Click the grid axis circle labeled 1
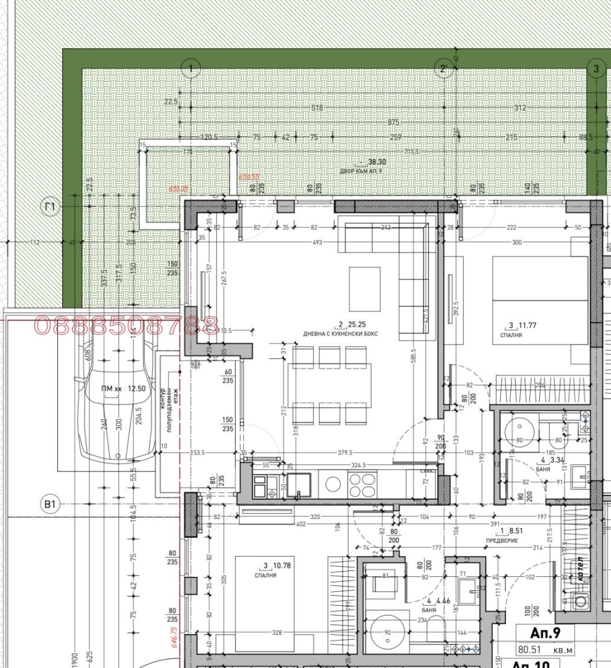pyautogui.click(x=191, y=68)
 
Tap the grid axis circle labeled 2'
pyautogui.click(x=443, y=68)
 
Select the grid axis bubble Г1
pyautogui.click(x=50, y=207)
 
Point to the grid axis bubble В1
pyautogui.click(x=50, y=504)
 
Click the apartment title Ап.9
pyautogui.click(x=545, y=634)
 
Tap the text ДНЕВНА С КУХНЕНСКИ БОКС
pyautogui.click(x=340, y=333)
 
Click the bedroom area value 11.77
pyautogui.click(x=527, y=326)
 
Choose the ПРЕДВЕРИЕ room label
pyautogui.click(x=502, y=540)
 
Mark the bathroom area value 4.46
pyautogui.click(x=442, y=600)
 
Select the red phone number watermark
pyautogui.click(x=126, y=326)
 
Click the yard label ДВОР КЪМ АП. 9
pyautogui.click(x=361, y=171)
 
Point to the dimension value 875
pyautogui.click(x=393, y=122)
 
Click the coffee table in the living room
pyautogui.click(x=364, y=280)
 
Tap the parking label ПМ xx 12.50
pyautogui.click(x=123, y=389)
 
